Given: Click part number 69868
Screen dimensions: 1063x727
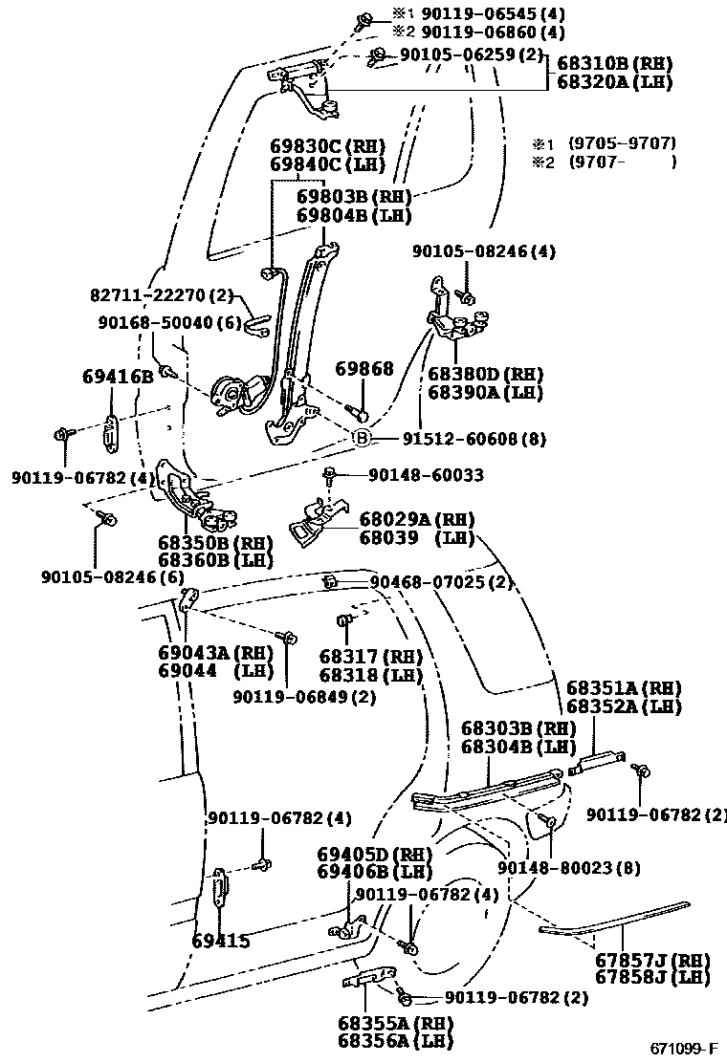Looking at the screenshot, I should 363,368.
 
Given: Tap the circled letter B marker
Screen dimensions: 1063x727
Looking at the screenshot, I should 363,438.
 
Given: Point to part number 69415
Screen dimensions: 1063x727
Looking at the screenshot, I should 220,941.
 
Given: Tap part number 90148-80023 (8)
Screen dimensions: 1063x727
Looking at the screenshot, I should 569,868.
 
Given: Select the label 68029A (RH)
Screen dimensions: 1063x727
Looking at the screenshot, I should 417,519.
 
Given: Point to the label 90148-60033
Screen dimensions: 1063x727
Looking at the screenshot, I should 426,474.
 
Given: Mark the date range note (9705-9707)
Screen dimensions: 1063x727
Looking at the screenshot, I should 622,143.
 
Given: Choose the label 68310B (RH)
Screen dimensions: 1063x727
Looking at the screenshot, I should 614,64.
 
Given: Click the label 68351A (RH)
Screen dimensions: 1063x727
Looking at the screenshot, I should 623,688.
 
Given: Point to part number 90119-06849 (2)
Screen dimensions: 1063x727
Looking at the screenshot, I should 304,697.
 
